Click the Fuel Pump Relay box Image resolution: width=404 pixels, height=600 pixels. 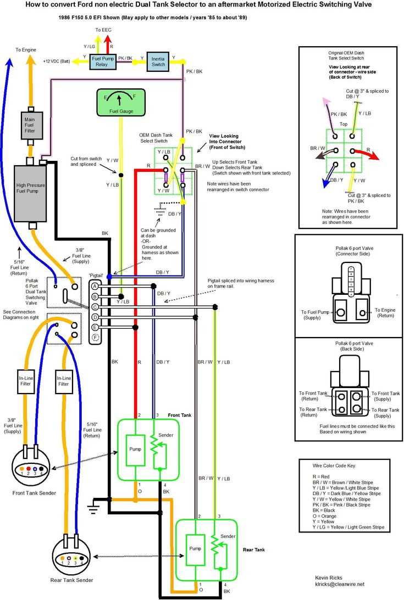point(103,61)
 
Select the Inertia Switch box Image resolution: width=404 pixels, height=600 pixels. point(158,61)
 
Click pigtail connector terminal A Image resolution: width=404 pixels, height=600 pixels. point(95,287)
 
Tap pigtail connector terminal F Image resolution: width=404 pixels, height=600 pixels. point(95,337)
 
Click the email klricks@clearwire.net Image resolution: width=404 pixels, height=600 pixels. point(340,584)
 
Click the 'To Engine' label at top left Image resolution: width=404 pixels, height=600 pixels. point(26,50)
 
